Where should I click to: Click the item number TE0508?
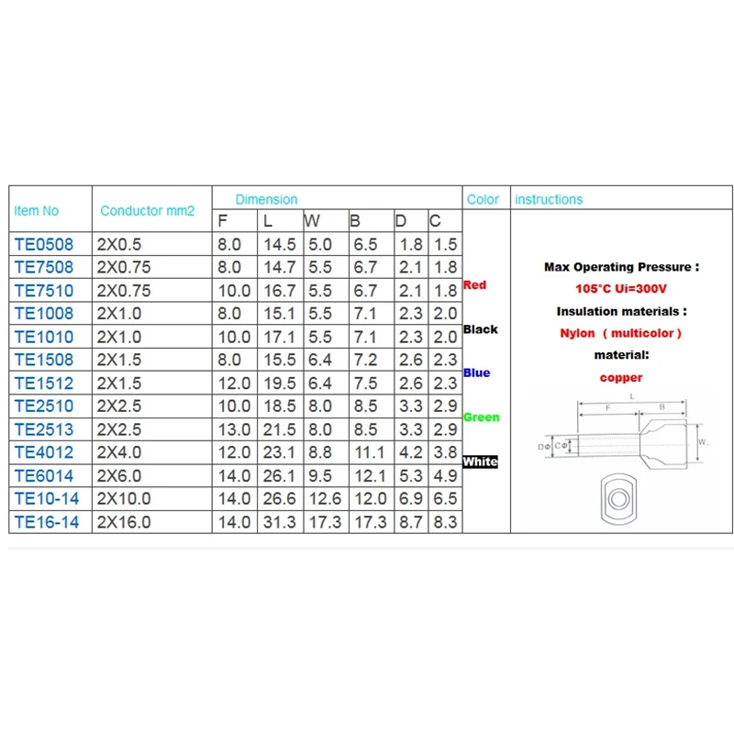point(44,244)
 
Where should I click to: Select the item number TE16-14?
point(47,522)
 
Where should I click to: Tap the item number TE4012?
point(44,452)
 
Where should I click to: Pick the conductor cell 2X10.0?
point(124,498)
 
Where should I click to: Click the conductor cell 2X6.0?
point(119,475)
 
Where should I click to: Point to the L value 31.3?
point(280,522)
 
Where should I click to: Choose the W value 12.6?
point(326,498)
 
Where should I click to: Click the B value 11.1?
point(370,452)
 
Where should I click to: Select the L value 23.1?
point(280,452)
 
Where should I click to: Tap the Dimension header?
point(266,199)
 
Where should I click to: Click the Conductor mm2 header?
point(148,211)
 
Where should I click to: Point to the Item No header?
point(37,211)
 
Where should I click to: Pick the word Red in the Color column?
point(474,284)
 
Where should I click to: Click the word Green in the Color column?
point(481,417)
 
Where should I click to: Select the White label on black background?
point(480,462)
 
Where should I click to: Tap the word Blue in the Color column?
point(476,373)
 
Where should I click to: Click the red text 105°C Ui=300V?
point(621,288)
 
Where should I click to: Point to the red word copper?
point(621,377)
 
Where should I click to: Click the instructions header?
point(549,199)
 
